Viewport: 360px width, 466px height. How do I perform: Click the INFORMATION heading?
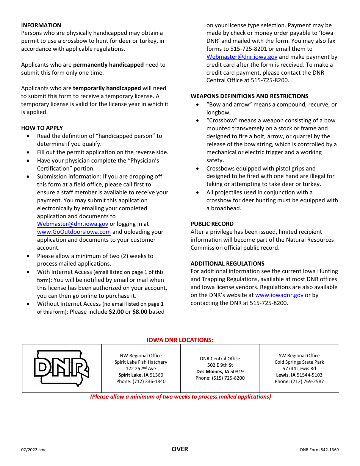[41, 25]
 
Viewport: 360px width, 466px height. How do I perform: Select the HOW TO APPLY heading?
[42, 128]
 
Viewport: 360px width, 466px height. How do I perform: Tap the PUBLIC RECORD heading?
[212, 224]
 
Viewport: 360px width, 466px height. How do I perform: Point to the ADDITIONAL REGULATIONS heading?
[227, 264]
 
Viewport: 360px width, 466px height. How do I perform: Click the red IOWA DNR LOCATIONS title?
[180, 340]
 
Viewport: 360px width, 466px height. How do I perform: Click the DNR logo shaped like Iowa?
[62, 368]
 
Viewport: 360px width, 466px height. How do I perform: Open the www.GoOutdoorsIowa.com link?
[74, 232]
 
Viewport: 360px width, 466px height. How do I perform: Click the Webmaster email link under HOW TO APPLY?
[72, 224]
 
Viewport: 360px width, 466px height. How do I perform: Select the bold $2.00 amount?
[116, 312]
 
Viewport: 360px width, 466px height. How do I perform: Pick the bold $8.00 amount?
[139, 312]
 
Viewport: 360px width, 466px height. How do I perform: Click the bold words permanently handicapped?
[108, 65]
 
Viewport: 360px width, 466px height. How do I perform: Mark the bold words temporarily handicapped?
[107, 88]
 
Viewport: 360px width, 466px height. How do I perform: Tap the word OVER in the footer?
[180, 449]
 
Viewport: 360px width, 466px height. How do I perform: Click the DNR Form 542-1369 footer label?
[319, 450]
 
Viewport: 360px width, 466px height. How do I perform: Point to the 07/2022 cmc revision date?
[34, 450]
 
